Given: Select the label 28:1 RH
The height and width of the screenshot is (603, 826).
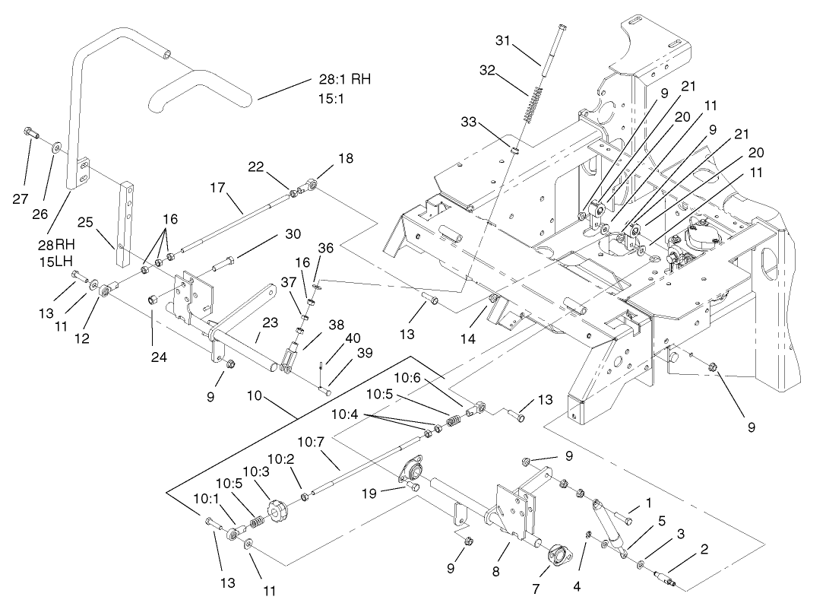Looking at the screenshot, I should coord(345,80).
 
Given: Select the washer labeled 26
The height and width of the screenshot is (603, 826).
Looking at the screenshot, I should coord(57,144).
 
